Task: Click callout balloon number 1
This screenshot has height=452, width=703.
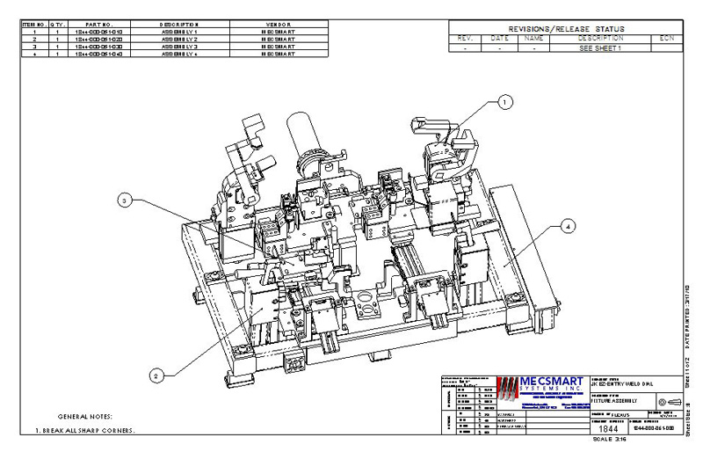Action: pos(504,102)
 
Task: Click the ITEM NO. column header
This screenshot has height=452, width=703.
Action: pos(33,26)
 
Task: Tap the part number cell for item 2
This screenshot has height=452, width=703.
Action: pos(98,40)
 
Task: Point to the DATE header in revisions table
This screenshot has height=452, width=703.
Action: pos(499,39)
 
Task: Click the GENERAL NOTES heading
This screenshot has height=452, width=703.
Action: pos(85,415)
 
